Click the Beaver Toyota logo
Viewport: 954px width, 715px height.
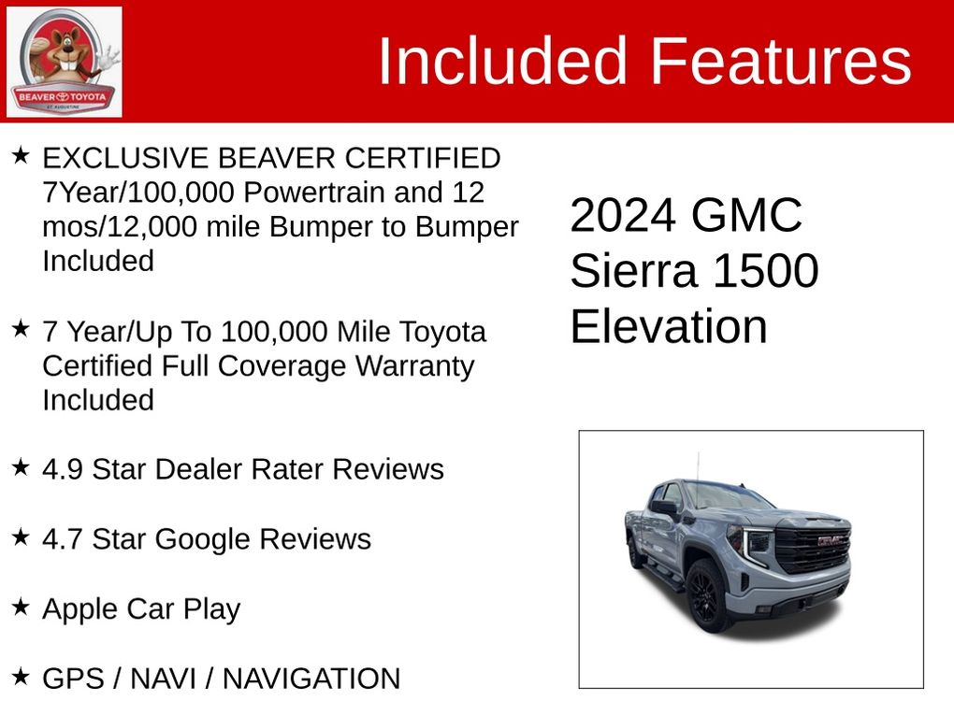tap(64, 62)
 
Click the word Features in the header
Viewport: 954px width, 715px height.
tap(781, 61)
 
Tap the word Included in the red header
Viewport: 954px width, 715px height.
tap(502, 61)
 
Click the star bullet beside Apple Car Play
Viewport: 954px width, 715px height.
tap(21, 607)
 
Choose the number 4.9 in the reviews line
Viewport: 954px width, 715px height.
tap(63, 469)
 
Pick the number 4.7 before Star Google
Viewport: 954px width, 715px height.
tap(63, 539)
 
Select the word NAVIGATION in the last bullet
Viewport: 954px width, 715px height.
tap(311, 679)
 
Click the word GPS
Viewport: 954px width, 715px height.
tap(74, 679)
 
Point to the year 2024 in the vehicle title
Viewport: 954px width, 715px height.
tap(623, 215)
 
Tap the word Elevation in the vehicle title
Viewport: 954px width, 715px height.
tap(669, 326)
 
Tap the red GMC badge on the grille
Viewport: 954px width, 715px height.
tap(831, 540)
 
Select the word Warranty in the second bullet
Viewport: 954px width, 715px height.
tap(414, 366)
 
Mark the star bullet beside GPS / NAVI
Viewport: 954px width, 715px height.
tap(21, 676)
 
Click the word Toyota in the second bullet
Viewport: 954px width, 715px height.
tap(442, 333)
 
